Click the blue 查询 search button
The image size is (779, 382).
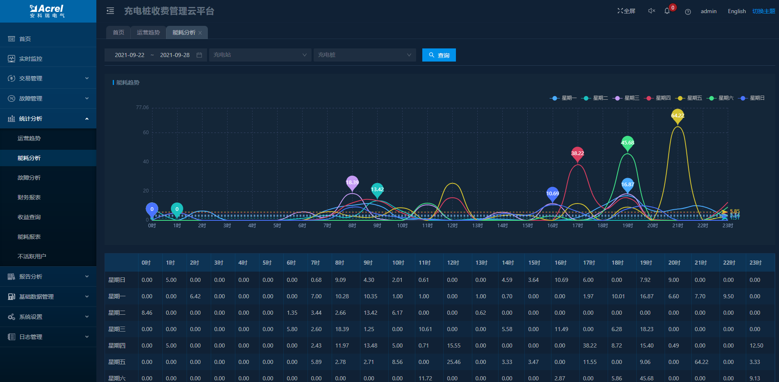tap(439, 55)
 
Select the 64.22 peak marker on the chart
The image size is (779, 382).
tap(677, 115)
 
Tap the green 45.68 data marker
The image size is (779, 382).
tap(627, 142)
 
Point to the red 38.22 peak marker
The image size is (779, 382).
tap(577, 153)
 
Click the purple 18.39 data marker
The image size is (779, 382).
tap(352, 182)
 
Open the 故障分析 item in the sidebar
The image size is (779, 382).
tap(29, 178)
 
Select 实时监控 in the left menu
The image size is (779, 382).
tap(31, 59)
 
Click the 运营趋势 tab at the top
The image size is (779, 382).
tap(148, 32)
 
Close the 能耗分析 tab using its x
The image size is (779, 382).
tap(200, 33)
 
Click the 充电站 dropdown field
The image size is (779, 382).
tap(260, 55)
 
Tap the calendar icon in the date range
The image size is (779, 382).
tap(199, 55)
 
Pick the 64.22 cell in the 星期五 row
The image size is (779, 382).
tap(702, 362)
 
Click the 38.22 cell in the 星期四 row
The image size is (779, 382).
tap(590, 345)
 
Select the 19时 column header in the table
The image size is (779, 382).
tap(646, 263)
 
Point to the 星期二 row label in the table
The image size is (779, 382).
tap(117, 313)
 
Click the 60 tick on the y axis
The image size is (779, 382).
tap(146, 133)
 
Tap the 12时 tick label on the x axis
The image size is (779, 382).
tap(452, 226)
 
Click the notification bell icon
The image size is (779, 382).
tap(667, 11)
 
